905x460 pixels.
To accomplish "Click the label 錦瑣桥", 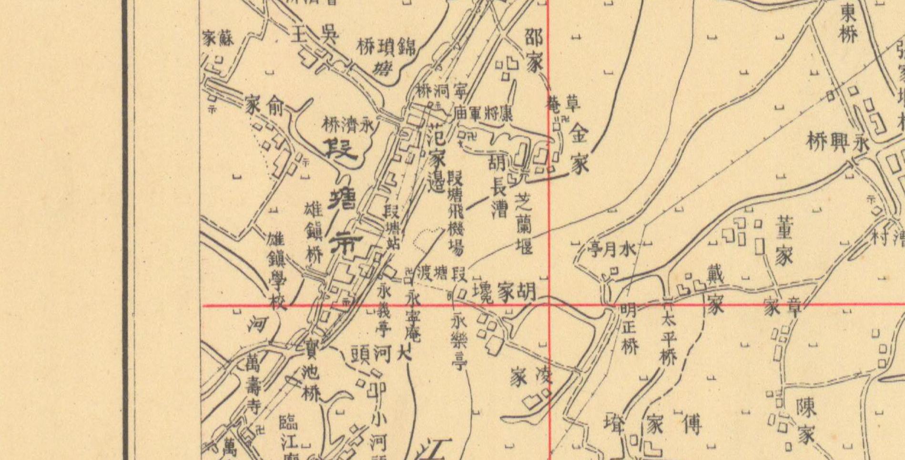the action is pyautogui.click(x=386, y=47).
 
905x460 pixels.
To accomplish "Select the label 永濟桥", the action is pyautogui.click(x=349, y=125).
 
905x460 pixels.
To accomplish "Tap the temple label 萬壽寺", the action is pyautogui.click(x=253, y=387).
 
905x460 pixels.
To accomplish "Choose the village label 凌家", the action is pyautogui.click(x=530, y=376).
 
